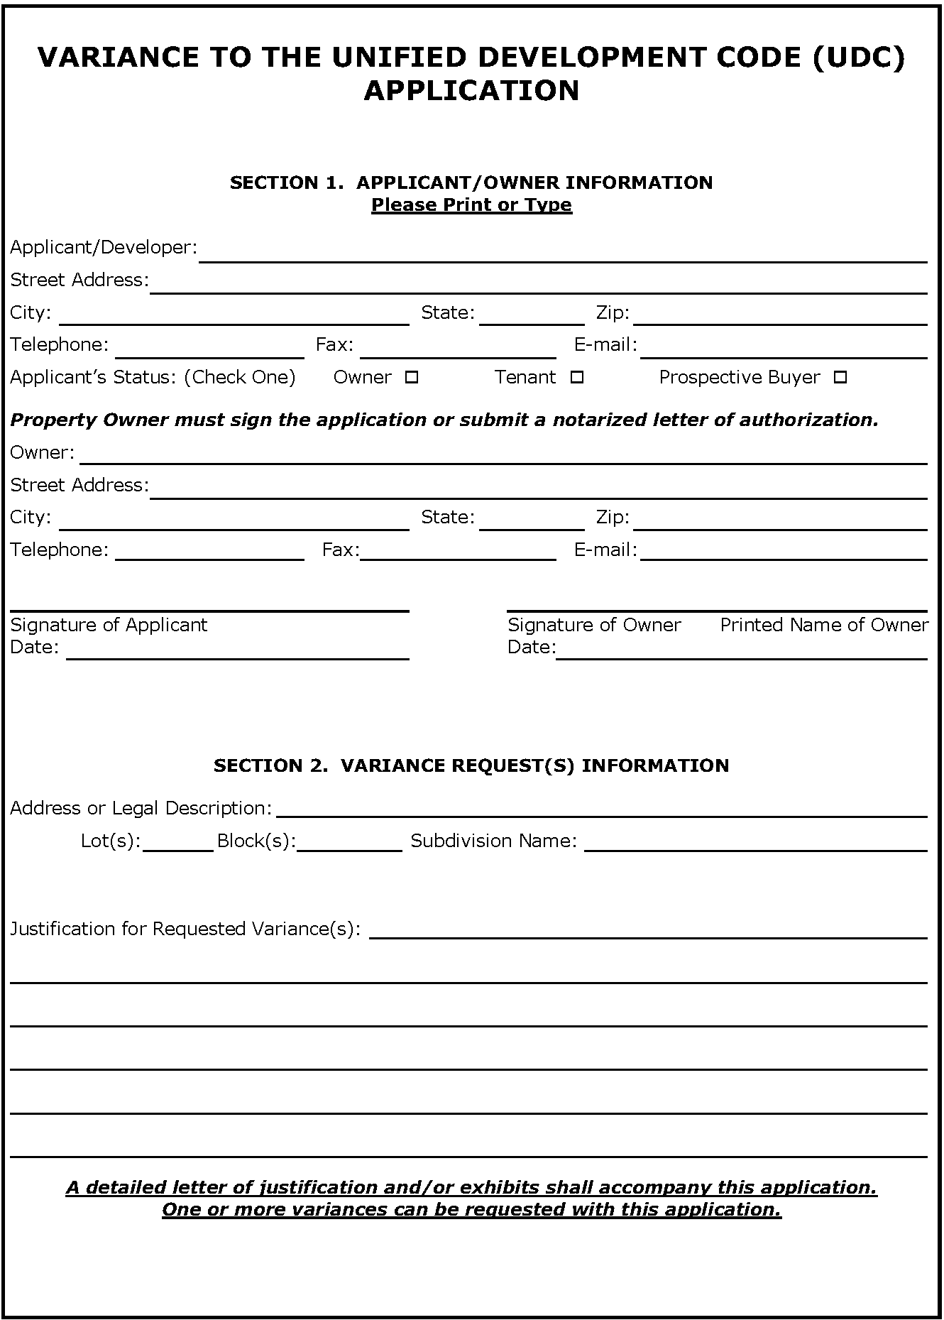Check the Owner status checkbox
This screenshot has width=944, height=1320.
411,378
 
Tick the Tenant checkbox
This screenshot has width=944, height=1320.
577,378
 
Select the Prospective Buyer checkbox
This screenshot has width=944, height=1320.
840,378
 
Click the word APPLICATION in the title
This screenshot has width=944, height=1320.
471,91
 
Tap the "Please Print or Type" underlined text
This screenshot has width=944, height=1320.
471,205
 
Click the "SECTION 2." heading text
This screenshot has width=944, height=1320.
270,765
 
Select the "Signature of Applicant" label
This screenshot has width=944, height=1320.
109,625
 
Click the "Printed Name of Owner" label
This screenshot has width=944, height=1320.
824,625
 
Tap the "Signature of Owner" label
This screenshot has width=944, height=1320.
594,625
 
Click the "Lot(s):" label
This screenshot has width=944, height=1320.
111,841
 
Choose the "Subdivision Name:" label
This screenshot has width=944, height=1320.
494,841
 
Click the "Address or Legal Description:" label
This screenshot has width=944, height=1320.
141,809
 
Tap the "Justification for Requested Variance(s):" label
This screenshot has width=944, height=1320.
185,929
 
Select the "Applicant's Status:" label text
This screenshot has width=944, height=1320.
93,378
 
